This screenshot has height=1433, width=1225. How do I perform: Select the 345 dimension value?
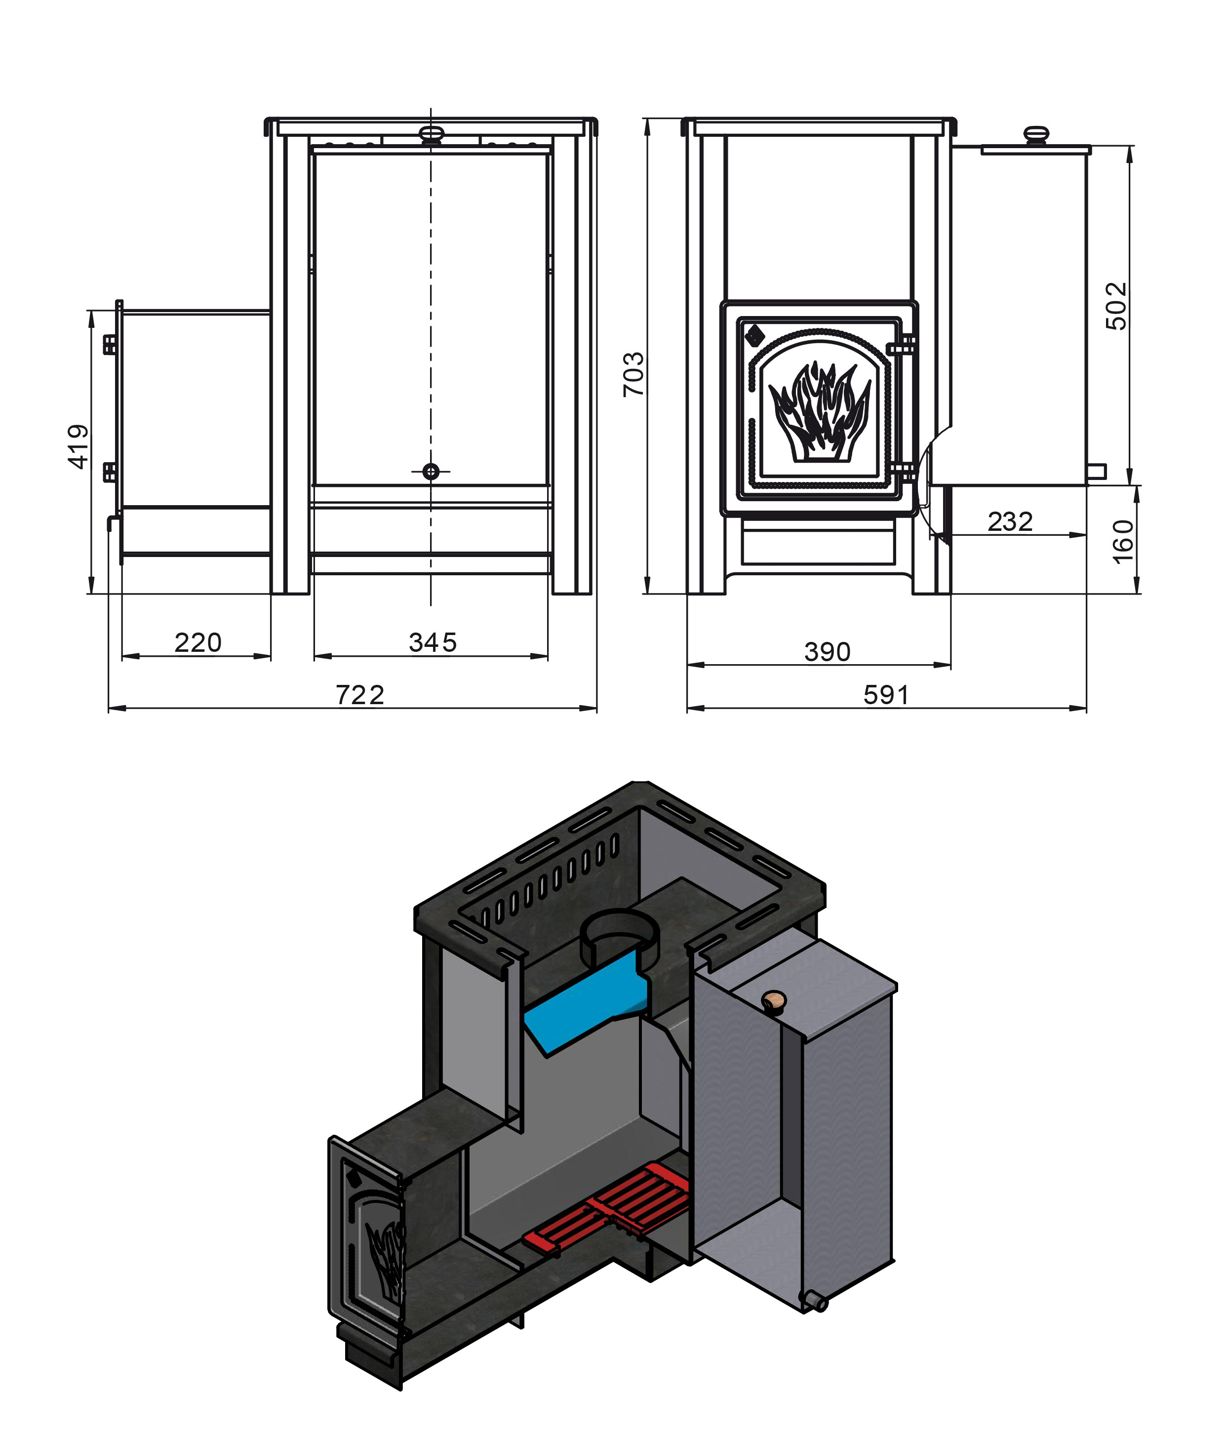pos(433,642)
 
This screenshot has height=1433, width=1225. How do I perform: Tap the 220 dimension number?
pos(198,642)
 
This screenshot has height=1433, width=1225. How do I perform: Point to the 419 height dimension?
pos(79,447)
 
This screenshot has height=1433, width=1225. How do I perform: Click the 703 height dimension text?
pos(633,374)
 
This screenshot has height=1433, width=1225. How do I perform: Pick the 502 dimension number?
pos(1116,306)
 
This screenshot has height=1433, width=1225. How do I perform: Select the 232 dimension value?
pos(1010,521)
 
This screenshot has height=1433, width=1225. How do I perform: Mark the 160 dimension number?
pos(1123,542)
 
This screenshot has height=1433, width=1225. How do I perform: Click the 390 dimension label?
pos(827,651)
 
